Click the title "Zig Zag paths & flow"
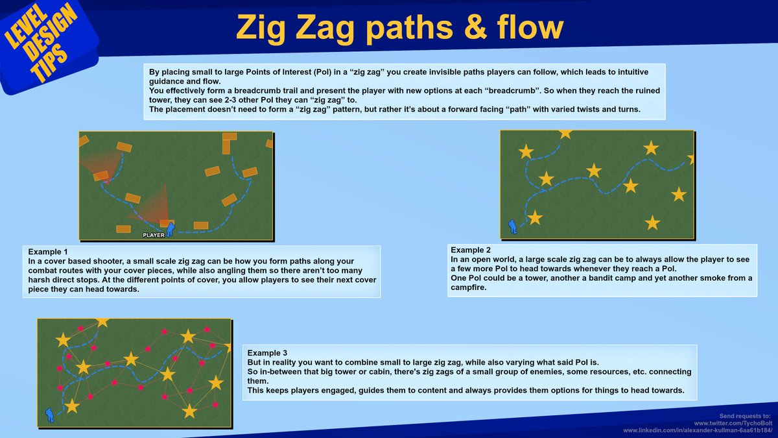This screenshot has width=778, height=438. (x=399, y=27)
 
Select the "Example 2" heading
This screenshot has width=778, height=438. (x=471, y=249)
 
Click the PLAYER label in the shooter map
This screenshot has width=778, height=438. (x=154, y=235)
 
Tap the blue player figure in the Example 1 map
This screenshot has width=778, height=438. (x=171, y=230)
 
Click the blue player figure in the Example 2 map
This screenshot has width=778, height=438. (x=513, y=226)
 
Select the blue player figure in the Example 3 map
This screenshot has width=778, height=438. (x=50, y=414)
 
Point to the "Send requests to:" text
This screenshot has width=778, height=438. (x=745, y=415)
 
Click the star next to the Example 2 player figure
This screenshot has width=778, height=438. (x=535, y=217)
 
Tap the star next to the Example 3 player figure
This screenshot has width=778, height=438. (x=72, y=406)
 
